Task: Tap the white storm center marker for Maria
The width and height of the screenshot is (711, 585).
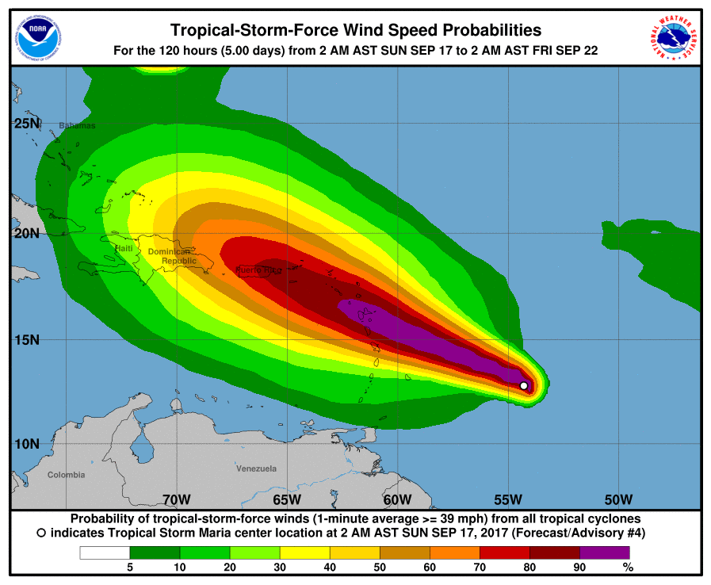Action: point(524,385)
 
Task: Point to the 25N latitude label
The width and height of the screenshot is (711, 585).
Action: point(26,124)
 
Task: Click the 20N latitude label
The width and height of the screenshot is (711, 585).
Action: point(26,233)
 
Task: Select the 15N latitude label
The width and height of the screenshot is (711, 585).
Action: point(26,339)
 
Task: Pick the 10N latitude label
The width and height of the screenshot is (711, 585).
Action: point(26,443)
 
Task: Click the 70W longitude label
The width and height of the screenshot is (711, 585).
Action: point(176,499)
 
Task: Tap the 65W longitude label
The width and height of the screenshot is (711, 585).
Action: point(287,499)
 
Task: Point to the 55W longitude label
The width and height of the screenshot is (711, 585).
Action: point(507,499)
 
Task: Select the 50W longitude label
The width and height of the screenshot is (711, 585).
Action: point(617,499)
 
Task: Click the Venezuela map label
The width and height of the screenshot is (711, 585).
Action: point(256,469)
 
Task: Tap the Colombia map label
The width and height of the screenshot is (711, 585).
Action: point(66,475)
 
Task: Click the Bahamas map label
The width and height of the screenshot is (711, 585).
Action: point(77,126)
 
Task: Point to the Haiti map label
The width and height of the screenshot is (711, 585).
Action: point(124,249)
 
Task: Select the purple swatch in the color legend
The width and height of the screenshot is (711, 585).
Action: point(604,552)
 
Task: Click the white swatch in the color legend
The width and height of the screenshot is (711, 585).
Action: point(105,552)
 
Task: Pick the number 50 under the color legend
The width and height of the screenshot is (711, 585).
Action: point(379,568)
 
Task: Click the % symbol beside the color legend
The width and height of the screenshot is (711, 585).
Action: point(628,568)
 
